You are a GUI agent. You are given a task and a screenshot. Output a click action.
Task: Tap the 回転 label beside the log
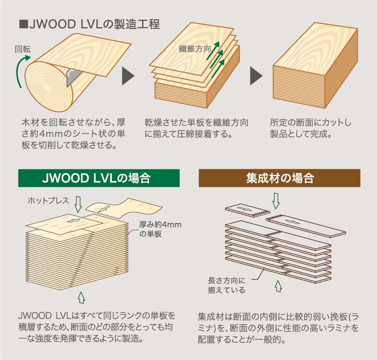click(x=22, y=49)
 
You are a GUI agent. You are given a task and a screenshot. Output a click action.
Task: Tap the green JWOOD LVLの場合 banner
click(x=99, y=178)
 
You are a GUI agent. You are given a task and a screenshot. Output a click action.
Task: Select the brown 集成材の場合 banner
click(x=279, y=178)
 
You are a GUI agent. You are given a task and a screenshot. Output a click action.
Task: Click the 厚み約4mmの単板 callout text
click(x=157, y=229)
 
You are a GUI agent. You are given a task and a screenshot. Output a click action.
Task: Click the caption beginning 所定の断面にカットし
click(x=310, y=128)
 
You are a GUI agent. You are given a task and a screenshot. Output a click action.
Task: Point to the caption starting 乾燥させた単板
click(x=196, y=128)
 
